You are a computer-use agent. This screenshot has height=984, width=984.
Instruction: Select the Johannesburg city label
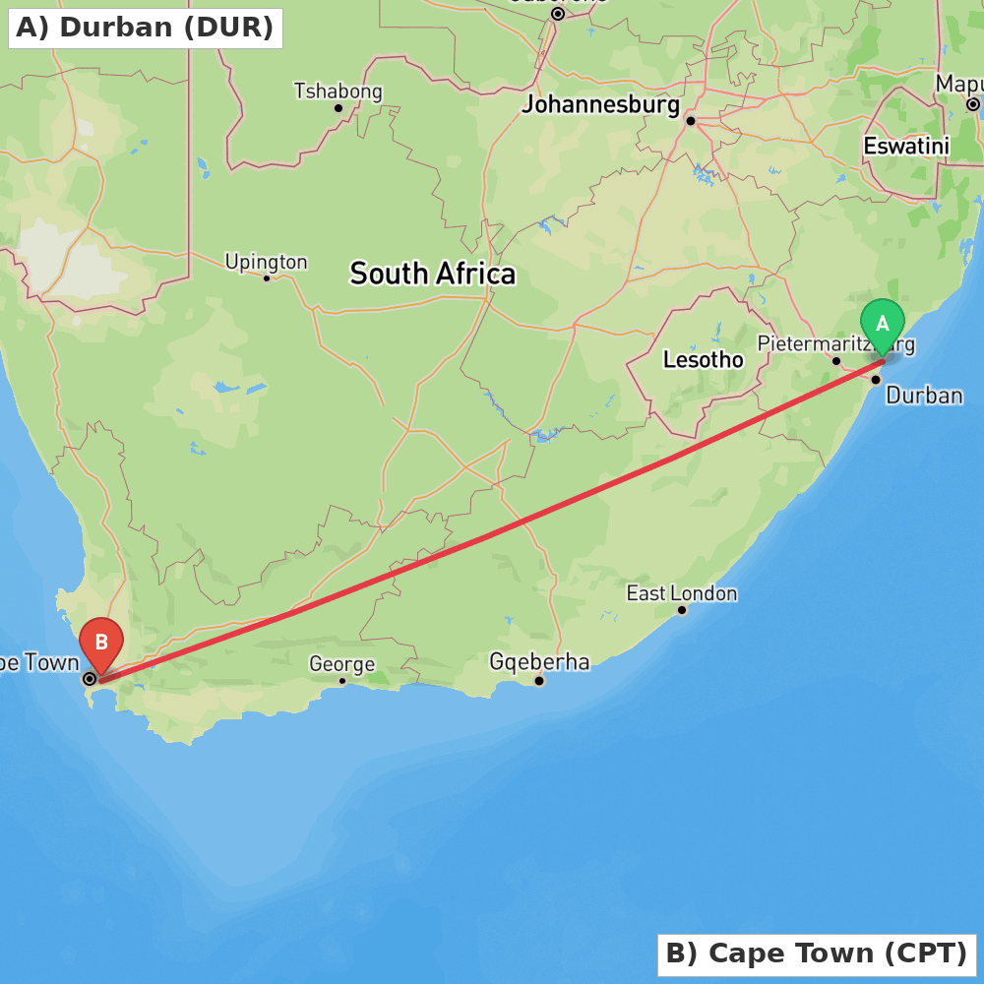coord(600,104)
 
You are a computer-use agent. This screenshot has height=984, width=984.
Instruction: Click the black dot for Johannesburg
coord(691,121)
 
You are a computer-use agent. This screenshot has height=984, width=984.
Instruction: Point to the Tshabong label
coord(338,92)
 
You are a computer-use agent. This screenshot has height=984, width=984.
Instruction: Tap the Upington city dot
coord(267,277)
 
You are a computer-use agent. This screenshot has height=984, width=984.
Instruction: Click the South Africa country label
coord(432,274)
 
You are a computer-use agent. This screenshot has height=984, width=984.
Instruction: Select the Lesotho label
coord(703,360)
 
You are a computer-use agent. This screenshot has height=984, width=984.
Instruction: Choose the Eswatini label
coord(905,147)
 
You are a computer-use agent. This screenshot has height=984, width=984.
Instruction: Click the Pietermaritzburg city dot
coord(836,361)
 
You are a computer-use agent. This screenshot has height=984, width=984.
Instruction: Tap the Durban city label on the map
coord(924,396)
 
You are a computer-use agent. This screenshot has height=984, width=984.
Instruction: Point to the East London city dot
coord(681,610)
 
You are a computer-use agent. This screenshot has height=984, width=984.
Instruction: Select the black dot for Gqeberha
coord(539,680)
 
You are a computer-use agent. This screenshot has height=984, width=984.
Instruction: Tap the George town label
coord(341,664)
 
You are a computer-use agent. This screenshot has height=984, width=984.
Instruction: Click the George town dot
coord(342,680)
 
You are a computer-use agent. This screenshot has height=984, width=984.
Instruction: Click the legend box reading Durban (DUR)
coord(145,28)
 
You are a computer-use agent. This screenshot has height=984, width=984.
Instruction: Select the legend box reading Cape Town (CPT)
coord(816,953)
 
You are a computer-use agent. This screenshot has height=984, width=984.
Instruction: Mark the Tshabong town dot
coord(338,108)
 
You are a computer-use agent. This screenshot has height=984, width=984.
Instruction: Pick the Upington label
coord(266,262)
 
